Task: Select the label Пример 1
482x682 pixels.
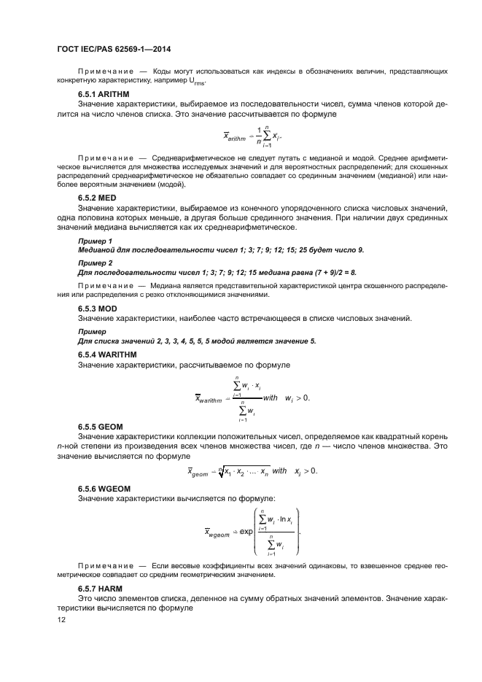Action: pos(95,240)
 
